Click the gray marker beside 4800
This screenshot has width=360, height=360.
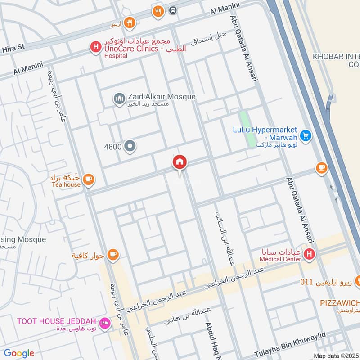pyautogui.click(x=130, y=146)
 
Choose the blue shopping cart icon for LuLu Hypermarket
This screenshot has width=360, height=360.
pyautogui.click(x=306, y=135)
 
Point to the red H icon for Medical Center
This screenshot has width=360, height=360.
pyautogui.click(x=309, y=255)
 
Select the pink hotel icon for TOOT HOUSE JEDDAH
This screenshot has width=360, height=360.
pyautogui.click(x=104, y=324)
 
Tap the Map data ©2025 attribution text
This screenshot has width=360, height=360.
pyautogui.click(x=336, y=355)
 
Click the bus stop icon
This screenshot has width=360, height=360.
pyautogui.click(x=172, y=10)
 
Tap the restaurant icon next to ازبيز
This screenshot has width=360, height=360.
pyautogui.click(x=129, y=22)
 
